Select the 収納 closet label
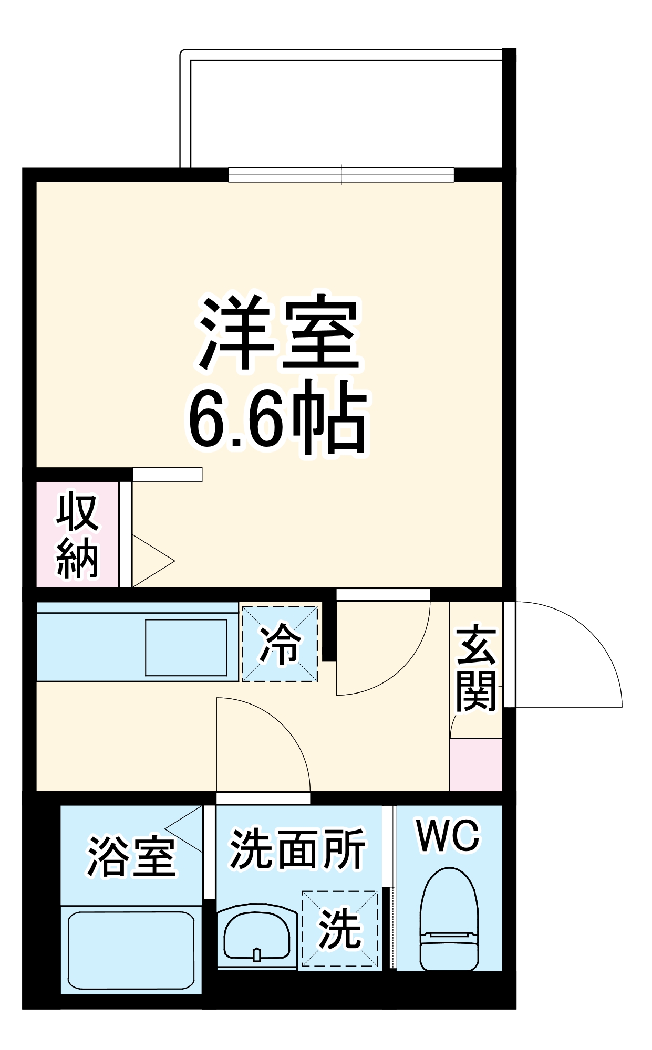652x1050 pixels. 77,535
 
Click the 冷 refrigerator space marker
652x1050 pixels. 280,644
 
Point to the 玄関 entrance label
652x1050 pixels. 476,667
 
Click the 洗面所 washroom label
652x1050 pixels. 297,849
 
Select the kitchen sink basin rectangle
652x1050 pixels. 186,647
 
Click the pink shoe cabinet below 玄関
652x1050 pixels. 475,764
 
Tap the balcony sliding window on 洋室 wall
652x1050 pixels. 341,175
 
